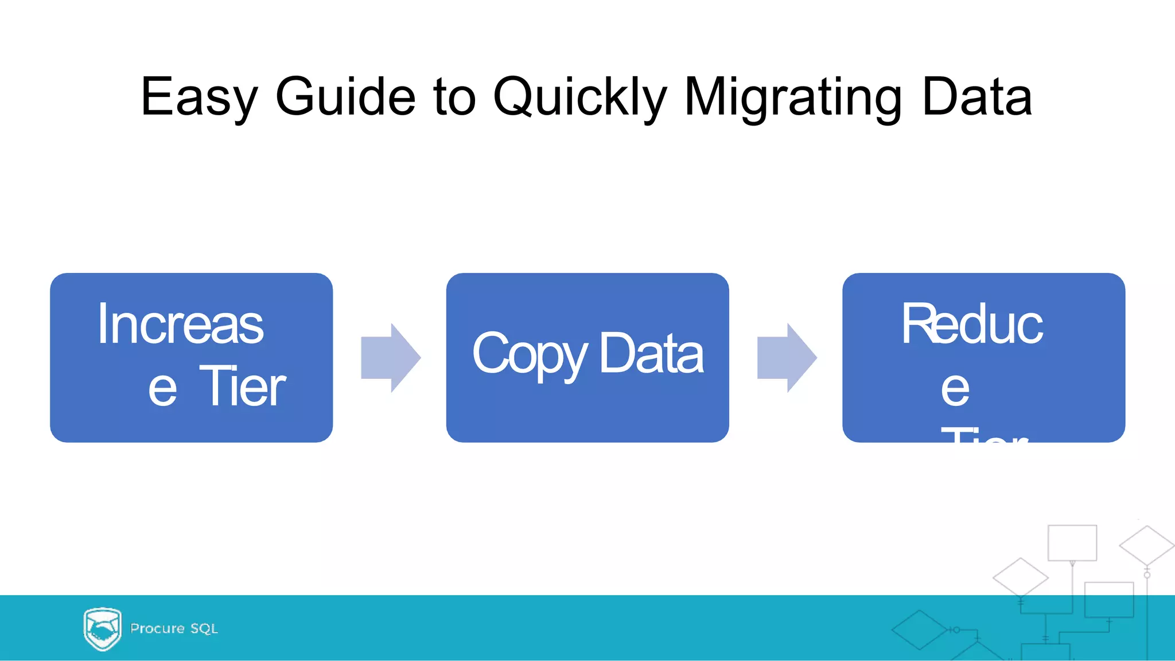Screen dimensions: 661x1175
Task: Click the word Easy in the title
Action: [x=199, y=97]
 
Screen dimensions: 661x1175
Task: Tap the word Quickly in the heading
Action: [x=579, y=97]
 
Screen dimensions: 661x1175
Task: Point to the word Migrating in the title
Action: [x=793, y=97]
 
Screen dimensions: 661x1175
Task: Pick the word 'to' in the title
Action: [x=454, y=97]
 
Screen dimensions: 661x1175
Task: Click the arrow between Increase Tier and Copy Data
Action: [x=390, y=358]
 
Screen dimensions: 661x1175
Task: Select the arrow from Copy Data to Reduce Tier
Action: [x=787, y=358]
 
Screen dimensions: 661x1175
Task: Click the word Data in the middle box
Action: [x=651, y=354]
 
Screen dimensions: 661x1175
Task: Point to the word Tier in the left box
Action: [x=242, y=387]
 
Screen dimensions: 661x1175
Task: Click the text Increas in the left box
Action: [x=180, y=324]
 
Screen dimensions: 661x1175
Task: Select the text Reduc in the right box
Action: [x=972, y=324]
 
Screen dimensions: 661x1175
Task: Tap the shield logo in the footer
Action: [x=102, y=629]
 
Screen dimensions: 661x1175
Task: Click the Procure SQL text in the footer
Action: [x=174, y=629]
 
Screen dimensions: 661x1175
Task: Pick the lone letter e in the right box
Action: [x=955, y=390]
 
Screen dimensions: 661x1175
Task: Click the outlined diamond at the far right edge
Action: [x=1146, y=545]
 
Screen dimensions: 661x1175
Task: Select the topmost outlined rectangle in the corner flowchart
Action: [x=1072, y=542]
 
